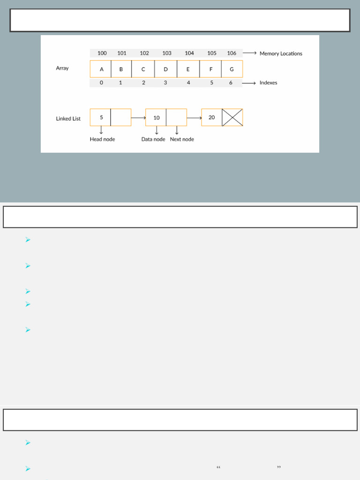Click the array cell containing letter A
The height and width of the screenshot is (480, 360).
tap(101, 69)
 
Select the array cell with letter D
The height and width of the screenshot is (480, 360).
tap(165, 69)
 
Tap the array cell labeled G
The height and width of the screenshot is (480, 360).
tap(232, 69)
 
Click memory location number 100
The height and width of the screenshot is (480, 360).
tap(102, 53)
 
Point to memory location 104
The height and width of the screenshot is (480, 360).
tap(189, 53)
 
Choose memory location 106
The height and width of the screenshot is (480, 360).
tap(232, 53)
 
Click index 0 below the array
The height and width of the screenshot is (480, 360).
tap(101, 83)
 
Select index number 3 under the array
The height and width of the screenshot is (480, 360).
tap(165, 83)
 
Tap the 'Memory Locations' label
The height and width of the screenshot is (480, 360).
tap(281, 53)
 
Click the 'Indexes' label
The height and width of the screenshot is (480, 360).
tap(268, 83)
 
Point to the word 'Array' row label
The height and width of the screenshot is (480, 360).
tap(62, 68)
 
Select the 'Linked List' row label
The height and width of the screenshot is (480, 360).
tap(68, 119)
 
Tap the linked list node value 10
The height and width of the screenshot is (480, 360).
tap(156, 118)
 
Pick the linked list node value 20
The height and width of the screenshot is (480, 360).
tap(212, 118)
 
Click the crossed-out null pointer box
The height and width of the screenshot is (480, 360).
tap(232, 118)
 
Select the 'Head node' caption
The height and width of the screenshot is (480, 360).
tap(102, 139)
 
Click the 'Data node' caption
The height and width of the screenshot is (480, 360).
tap(153, 139)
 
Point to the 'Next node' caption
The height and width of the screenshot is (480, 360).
tap(182, 139)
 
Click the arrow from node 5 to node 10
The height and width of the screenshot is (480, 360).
tap(138, 118)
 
